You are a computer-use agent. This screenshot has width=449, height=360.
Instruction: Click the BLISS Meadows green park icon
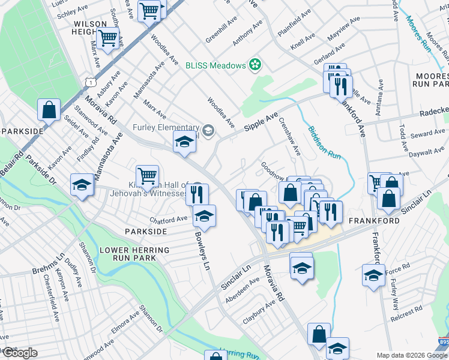point(255,65)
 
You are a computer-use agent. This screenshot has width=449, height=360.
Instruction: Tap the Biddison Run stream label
point(324,142)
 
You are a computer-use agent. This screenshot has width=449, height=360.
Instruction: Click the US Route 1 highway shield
point(91,80)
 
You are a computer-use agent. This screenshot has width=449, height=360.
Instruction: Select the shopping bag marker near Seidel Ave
point(49,109)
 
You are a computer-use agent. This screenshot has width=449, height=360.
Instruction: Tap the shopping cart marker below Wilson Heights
point(107,38)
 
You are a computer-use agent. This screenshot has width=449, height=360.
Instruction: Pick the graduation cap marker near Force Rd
point(373,275)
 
